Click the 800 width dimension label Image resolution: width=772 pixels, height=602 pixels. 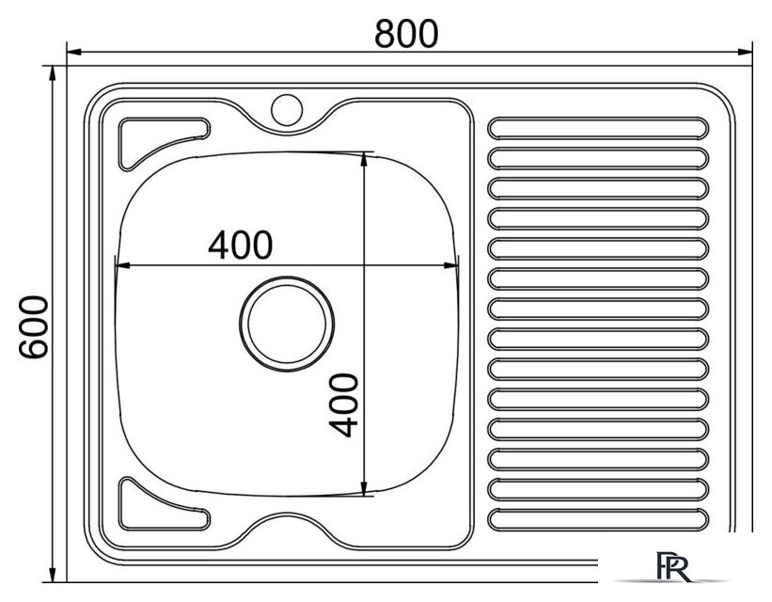tap(405, 34)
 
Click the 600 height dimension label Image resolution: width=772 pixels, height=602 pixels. tap(34, 327)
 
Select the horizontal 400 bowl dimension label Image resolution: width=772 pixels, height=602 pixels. tap(241, 245)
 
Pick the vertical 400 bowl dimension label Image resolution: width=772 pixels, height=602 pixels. tap(343, 405)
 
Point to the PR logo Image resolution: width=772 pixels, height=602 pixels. tap(673, 566)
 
